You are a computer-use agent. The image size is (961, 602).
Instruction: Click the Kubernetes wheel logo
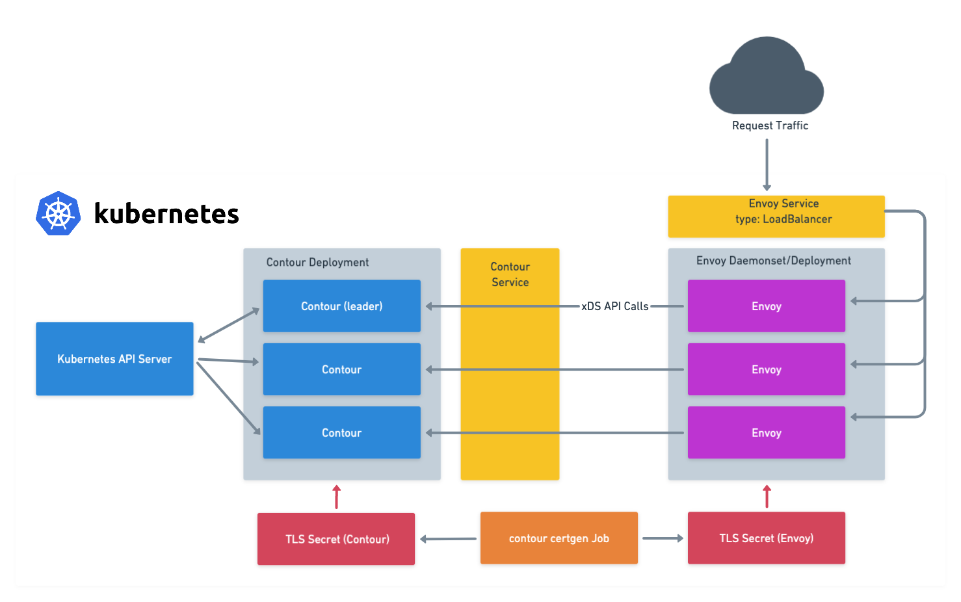[59, 213]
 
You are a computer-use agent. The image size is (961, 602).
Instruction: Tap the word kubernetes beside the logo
[166, 214]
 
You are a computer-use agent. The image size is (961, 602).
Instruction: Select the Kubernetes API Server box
[114, 359]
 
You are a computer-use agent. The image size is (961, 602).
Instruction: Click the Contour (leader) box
[341, 306]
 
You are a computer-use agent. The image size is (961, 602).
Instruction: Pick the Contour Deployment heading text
[317, 263]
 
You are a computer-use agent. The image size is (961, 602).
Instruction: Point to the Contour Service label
[510, 274]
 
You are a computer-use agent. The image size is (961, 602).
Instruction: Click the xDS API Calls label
[614, 306]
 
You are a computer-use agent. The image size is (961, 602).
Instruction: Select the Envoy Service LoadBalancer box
[776, 216]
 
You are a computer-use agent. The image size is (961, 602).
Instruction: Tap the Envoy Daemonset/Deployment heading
[773, 261]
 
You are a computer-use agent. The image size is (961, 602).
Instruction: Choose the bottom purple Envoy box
[766, 433]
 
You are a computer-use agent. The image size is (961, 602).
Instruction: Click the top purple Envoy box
[766, 306]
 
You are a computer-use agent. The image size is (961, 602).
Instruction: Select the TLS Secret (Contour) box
[336, 539]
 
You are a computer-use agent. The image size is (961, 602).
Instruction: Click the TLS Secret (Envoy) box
[766, 538]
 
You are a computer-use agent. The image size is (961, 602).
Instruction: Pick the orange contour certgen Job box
[559, 538]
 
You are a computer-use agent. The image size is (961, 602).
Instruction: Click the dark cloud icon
[767, 78]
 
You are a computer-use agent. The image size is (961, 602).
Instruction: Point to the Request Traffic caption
[770, 125]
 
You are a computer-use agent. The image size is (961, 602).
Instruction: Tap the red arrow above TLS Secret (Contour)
[336, 497]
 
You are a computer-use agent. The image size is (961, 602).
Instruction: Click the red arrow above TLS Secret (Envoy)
[767, 497]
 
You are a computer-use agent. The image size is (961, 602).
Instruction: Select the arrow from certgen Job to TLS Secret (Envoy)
[663, 538]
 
